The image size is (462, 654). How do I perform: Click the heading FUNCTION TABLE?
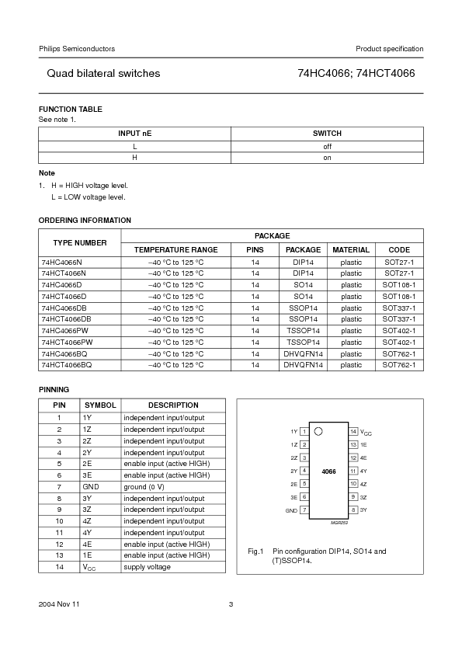[70, 110]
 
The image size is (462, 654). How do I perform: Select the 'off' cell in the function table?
[327, 146]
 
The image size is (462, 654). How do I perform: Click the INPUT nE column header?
[134, 134]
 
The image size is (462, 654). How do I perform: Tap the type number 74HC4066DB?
[66, 308]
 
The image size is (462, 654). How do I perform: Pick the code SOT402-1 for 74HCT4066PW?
[399, 342]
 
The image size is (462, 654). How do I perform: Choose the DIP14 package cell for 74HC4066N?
[303, 262]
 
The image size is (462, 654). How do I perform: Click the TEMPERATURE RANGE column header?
[175, 250]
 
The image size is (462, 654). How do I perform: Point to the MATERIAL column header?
[351, 250]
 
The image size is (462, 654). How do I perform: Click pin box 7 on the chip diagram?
[304, 510]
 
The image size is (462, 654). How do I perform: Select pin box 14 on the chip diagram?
[353, 431]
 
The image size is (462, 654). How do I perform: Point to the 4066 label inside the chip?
[328, 471]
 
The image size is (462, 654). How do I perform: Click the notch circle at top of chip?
[318, 431]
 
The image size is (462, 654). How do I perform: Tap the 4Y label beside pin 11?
[363, 471]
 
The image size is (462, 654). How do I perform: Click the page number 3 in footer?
[231, 604]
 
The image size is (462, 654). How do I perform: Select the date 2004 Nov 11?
[59, 604]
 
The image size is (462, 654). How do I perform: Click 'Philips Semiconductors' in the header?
[77, 49]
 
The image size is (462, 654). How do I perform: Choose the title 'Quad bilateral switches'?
[103, 74]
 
